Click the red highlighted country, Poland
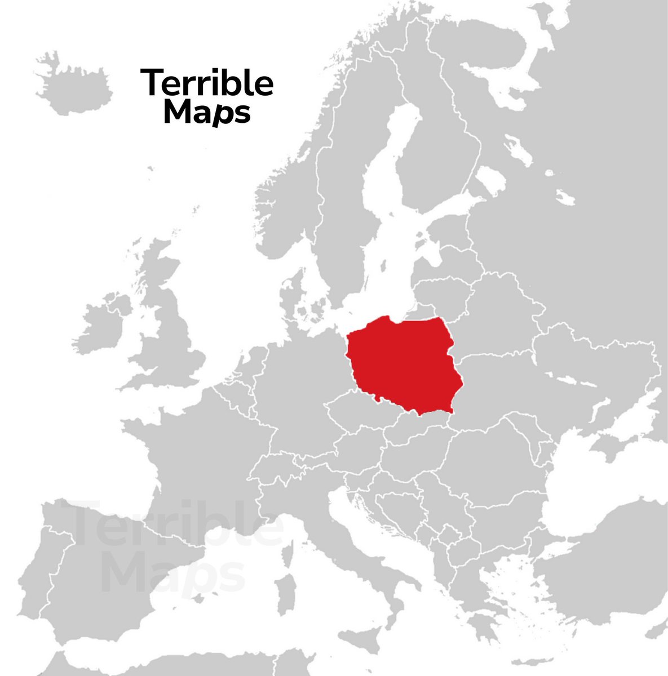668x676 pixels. [x=403, y=363]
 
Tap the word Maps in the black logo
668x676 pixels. [x=206, y=112]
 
